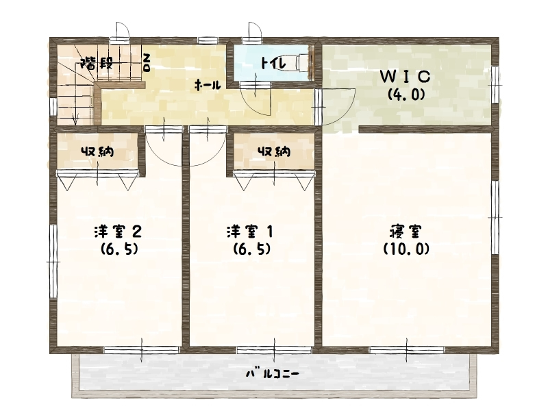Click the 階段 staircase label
click(97, 64)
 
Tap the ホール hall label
click(208, 85)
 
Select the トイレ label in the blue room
click(273, 63)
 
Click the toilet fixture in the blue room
click(302, 63)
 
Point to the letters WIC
click(405, 77)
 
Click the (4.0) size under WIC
click(406, 94)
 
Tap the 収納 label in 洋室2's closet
click(97, 151)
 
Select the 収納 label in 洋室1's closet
click(274, 151)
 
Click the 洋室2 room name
click(118, 232)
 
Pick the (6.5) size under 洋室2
click(119, 249)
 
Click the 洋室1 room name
click(250, 232)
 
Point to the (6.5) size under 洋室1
click(251, 249)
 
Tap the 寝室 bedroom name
click(406, 232)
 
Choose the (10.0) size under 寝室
click(406, 249)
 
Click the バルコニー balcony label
click(273, 374)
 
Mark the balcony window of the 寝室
click(406, 349)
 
